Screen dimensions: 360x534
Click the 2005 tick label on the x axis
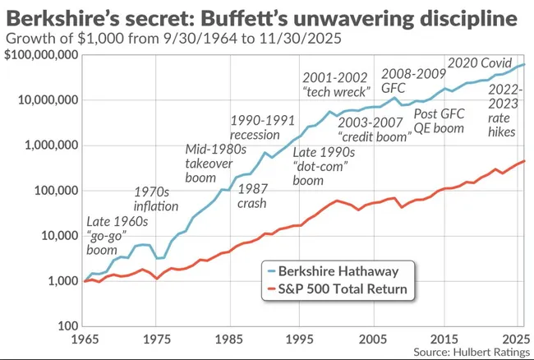click(375, 339)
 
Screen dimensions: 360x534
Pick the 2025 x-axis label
click(513, 339)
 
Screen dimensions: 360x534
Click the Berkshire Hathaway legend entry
click(338, 271)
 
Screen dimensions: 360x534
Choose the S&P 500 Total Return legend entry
click(338, 289)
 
